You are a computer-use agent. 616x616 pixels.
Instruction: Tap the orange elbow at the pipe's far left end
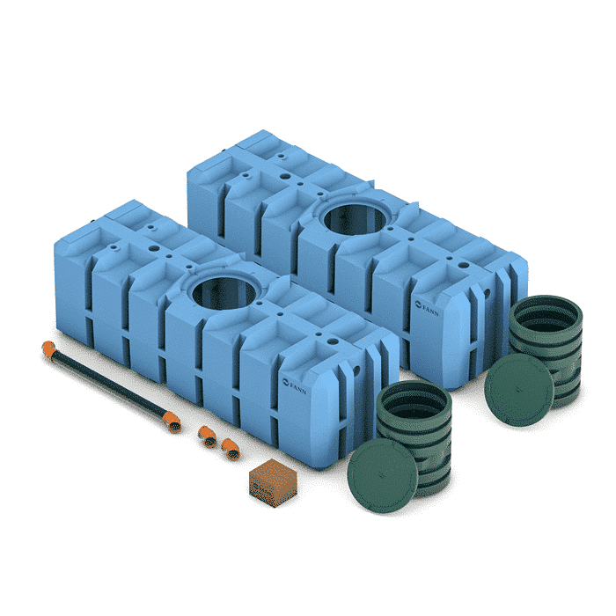point(48,349)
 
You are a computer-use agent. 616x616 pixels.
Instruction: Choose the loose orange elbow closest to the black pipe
point(206,435)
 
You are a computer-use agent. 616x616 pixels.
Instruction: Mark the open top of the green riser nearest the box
point(414,395)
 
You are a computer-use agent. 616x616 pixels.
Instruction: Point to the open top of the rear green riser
point(546,309)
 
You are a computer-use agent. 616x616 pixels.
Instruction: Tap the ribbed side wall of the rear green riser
point(563,361)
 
